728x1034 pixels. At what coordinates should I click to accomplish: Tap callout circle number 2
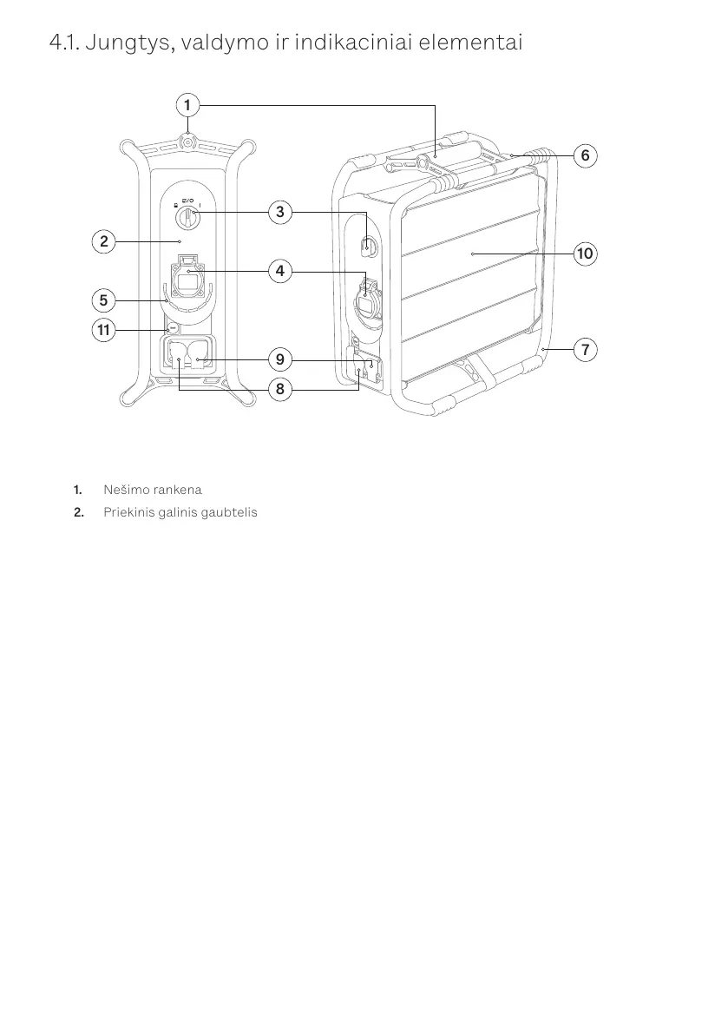tap(104, 240)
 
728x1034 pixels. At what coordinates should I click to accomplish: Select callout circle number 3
tap(279, 211)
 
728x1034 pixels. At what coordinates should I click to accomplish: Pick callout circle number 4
tap(279, 272)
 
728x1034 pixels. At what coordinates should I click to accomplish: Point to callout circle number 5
tap(104, 300)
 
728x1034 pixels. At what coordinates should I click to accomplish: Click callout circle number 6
tap(585, 155)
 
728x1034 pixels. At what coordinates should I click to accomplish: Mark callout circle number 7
tap(585, 350)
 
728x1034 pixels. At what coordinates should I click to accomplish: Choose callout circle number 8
tap(279, 389)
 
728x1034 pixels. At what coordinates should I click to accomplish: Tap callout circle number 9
tap(279, 359)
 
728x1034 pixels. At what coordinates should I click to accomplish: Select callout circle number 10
tap(585, 254)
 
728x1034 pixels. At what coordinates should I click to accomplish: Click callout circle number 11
tap(104, 330)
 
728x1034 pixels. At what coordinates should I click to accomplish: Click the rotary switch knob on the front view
tap(187, 221)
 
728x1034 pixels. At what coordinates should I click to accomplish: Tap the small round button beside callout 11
tap(173, 329)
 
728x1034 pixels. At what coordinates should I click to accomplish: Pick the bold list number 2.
tap(79, 512)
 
